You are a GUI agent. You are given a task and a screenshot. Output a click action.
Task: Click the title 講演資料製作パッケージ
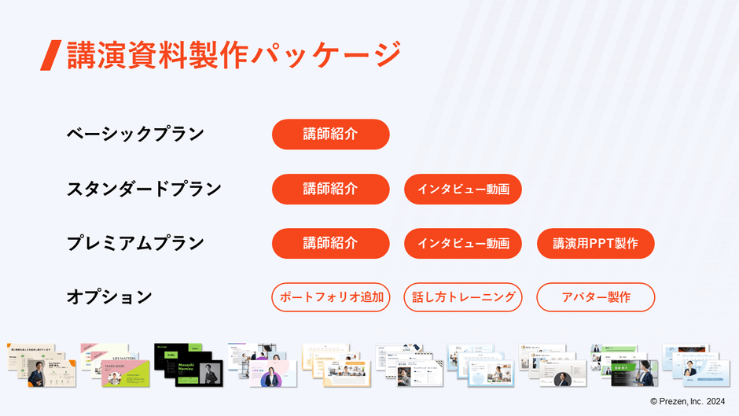pos(233,55)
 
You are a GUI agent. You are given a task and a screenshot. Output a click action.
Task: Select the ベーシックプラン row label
pos(135,134)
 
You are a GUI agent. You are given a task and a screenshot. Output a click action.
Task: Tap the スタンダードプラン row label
pos(144,190)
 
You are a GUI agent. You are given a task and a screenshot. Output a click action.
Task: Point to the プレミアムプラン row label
pos(135,244)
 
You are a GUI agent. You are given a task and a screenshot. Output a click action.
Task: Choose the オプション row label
pos(109,297)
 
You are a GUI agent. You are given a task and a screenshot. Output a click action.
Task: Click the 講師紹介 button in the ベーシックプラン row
pos(330,134)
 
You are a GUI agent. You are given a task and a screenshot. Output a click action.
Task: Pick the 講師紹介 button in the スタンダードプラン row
pos(330,190)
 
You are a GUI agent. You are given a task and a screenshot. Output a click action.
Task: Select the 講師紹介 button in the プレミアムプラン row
pos(330,244)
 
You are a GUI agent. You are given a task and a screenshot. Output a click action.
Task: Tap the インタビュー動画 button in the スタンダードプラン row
pos(463,190)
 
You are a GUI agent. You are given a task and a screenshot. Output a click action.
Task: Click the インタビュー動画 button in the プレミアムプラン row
pos(463,244)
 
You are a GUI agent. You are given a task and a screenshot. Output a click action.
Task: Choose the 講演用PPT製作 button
pos(595,244)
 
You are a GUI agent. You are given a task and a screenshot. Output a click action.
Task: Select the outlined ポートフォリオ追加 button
pos(330,297)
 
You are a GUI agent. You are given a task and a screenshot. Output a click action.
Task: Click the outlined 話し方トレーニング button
pos(463,297)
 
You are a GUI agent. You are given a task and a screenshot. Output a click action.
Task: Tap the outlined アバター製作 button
pos(595,297)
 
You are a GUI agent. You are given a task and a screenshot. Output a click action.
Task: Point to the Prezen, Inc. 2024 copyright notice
pos(687,401)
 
